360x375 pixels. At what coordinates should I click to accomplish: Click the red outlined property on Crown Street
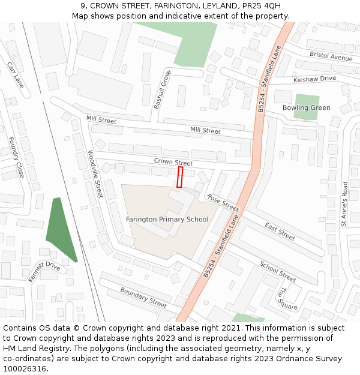(x=179, y=177)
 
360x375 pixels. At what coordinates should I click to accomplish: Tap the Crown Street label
(x=173, y=163)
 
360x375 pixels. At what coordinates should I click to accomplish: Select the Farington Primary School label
(x=167, y=220)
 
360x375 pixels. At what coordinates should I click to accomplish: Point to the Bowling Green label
(x=306, y=108)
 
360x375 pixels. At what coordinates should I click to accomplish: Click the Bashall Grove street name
(x=162, y=89)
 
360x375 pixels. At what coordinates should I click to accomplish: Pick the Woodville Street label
(x=95, y=174)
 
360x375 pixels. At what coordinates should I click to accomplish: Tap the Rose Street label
(x=223, y=202)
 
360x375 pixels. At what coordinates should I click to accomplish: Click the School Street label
(x=278, y=271)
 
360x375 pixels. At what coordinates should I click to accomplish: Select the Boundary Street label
(x=143, y=297)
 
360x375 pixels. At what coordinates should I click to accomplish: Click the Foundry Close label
(x=16, y=161)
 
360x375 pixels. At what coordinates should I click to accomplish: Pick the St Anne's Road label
(x=344, y=204)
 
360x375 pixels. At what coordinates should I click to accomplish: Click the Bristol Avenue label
(x=331, y=56)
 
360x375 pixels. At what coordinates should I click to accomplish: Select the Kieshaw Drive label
(x=314, y=79)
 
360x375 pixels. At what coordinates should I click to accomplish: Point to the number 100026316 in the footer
(x=25, y=368)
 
